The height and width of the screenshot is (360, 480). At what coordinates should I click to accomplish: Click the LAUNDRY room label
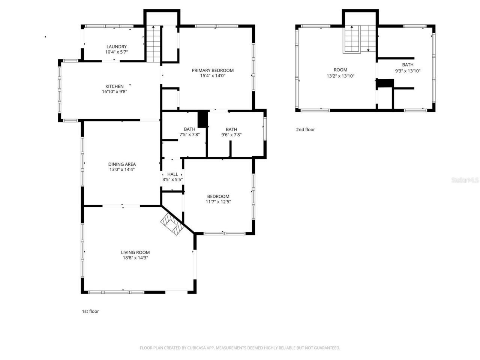tap(116, 47)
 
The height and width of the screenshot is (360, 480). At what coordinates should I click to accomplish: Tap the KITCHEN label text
tap(114, 86)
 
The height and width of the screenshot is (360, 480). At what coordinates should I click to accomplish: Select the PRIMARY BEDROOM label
tap(213, 70)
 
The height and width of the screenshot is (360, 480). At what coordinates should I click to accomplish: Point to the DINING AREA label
tap(122, 164)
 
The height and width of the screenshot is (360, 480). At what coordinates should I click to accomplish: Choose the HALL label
tap(172, 174)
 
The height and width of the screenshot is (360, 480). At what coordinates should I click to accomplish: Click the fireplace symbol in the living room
tap(171, 224)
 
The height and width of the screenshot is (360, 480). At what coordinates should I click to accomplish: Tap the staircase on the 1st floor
tap(153, 43)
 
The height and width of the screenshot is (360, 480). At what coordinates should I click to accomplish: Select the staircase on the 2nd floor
tap(360, 39)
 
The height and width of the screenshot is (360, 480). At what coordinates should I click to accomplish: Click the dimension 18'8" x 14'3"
tap(135, 258)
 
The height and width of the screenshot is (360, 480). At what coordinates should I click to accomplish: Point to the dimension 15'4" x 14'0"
tap(213, 76)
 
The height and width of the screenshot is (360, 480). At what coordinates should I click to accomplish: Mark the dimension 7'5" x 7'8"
tap(189, 135)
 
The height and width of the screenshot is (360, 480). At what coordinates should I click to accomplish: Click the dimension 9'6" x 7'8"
tap(231, 135)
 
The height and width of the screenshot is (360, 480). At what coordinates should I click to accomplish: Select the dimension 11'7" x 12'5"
tap(218, 202)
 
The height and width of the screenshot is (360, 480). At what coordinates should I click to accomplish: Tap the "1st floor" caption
tap(90, 311)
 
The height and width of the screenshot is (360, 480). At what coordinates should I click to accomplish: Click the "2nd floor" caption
tap(306, 130)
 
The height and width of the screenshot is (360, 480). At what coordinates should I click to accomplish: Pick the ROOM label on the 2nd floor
tap(340, 70)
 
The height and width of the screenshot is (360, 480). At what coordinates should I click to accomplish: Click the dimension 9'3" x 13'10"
tap(408, 70)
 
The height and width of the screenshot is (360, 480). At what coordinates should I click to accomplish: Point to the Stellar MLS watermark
tap(465, 180)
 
